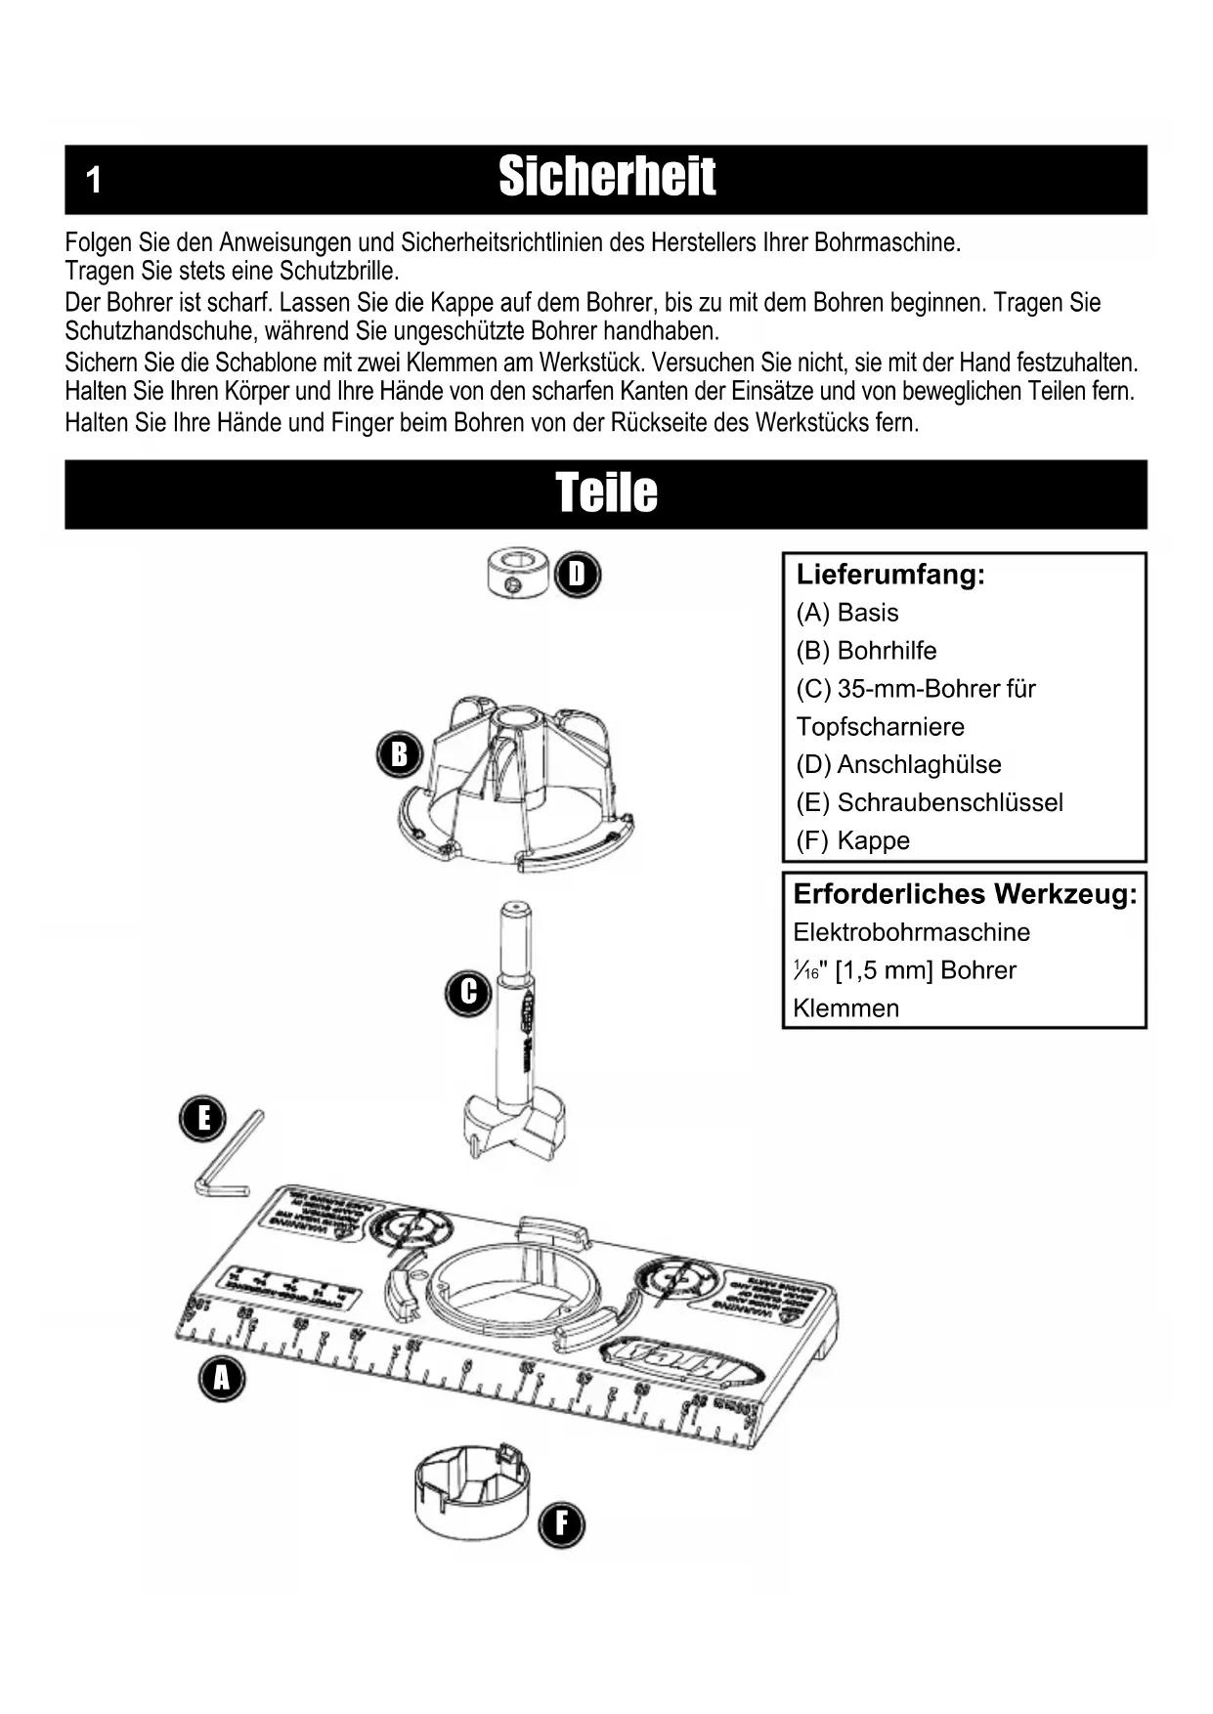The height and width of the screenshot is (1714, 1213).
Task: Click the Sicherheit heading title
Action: pos(607,178)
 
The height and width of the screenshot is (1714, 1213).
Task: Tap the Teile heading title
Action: pos(606,493)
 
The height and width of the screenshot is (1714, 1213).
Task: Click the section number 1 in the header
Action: pos(94,180)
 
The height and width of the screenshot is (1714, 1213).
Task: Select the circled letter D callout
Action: pos(578,575)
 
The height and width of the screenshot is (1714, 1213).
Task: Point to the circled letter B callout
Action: pos(399,754)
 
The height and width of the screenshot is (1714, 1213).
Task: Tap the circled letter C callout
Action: pos(468,993)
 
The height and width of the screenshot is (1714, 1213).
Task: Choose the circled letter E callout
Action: pos(203,1118)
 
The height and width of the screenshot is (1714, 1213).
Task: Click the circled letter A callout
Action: pos(222,1379)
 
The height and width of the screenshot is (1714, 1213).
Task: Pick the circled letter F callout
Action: pos(561,1524)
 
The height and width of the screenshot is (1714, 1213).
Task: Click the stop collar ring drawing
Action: pos(517,573)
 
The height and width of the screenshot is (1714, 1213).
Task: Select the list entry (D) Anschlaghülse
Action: pos(898,764)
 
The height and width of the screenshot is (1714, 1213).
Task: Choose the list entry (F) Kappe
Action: pos(852,840)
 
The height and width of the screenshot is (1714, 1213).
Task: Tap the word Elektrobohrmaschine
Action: pos(911,932)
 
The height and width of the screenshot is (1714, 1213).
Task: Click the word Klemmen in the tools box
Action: pos(845,1008)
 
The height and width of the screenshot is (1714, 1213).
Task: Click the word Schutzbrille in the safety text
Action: pos(339,271)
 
